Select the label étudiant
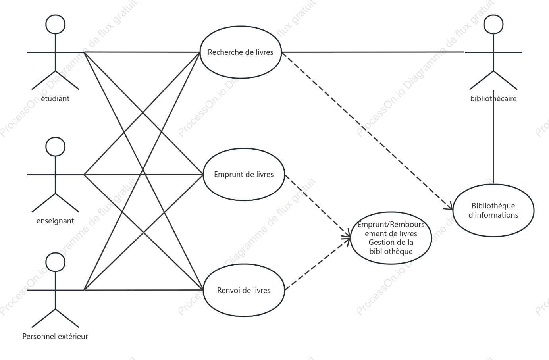[x=55, y=98]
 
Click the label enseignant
[x=55, y=221]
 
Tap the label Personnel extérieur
[x=55, y=336]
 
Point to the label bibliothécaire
[x=493, y=98]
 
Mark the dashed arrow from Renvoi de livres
[x=318, y=264]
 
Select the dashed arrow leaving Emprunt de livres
[x=318, y=206]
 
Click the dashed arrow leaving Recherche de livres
[x=367, y=131]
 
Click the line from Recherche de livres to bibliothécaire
[x=373, y=52]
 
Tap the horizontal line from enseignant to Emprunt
[x=144, y=175]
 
